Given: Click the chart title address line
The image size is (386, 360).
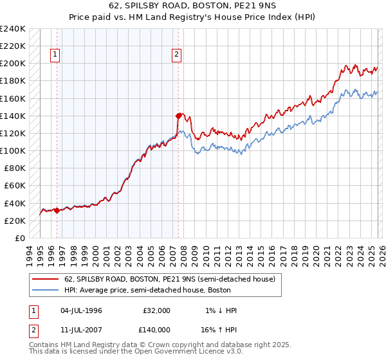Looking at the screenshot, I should point(193,6).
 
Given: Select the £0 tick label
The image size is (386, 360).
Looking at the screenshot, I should point(20,238).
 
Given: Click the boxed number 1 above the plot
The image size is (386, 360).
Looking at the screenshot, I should point(56,55).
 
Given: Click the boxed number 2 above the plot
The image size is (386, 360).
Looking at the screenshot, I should point(176,55).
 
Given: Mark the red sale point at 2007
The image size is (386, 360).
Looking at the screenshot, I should point(178,116).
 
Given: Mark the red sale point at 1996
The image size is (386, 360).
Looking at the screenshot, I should point(57,210).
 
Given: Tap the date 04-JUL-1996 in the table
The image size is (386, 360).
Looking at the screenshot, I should point(82,310).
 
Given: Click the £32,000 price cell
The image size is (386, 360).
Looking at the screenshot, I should point(157,310).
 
